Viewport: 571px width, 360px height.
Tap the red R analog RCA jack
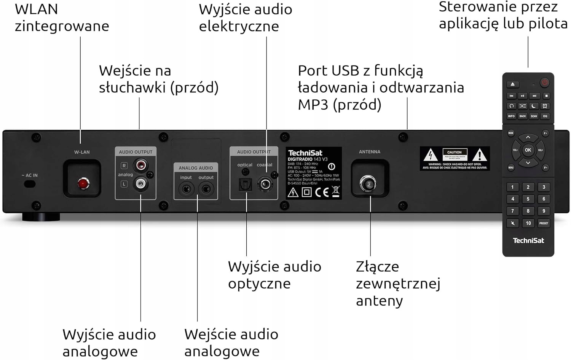click(140, 166)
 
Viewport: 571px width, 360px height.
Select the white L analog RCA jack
click(140, 184)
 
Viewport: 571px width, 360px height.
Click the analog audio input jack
click(186, 189)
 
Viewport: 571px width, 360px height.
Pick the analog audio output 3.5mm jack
click(206, 189)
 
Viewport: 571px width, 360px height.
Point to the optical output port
click(245, 185)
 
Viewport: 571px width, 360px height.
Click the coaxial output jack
click(265, 185)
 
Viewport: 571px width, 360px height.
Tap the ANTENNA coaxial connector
click(368, 184)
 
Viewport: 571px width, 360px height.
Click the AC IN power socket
click(30, 184)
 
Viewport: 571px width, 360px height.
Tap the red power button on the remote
click(545, 83)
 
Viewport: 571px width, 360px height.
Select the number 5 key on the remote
click(528, 199)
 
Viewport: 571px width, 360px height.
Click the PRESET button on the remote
click(544, 223)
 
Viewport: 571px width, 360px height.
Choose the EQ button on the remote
click(545, 116)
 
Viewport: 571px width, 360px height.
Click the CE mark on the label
click(322, 192)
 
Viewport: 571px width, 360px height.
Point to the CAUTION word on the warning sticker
click(454, 152)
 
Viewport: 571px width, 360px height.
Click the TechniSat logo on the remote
click(528, 241)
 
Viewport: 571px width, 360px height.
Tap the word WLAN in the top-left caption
click(37, 9)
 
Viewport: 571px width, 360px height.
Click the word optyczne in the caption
click(259, 284)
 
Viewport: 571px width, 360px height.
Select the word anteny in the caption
click(379, 301)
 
